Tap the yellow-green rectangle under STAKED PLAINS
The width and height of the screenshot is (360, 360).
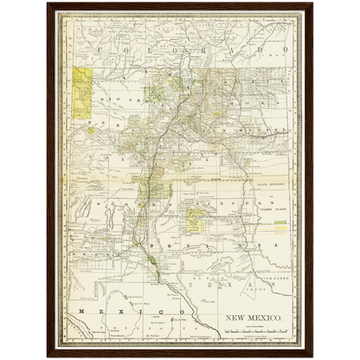280,226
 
